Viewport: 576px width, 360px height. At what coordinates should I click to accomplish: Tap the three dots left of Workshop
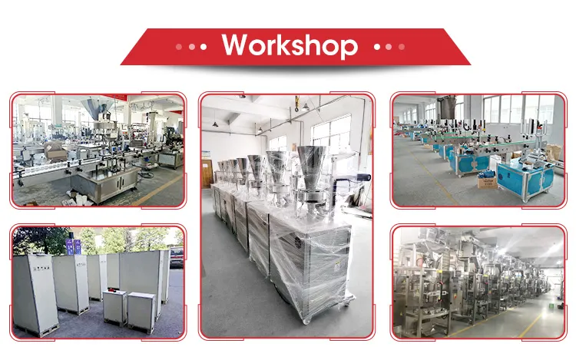click(x=191, y=46)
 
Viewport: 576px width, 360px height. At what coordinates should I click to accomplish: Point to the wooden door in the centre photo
click(x=205, y=170)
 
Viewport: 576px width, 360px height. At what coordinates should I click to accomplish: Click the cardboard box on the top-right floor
click(x=485, y=181)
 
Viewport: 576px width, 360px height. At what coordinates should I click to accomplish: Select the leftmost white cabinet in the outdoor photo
click(x=34, y=292)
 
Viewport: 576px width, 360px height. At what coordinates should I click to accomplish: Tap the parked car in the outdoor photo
click(x=177, y=257)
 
